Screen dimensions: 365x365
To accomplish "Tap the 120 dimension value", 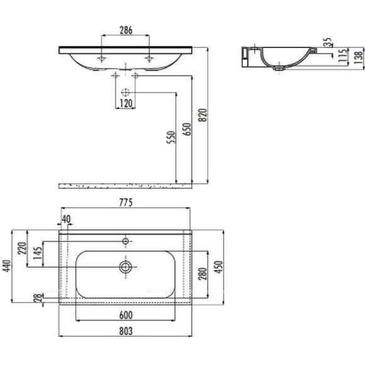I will (126, 103).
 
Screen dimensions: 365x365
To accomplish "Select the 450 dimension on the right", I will (218, 267).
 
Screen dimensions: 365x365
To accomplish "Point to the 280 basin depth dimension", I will (203, 272).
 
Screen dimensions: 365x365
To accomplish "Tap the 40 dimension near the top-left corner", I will (66, 219).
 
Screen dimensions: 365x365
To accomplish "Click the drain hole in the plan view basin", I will (126, 267).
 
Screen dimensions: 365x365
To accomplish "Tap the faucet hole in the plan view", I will (126, 241).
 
